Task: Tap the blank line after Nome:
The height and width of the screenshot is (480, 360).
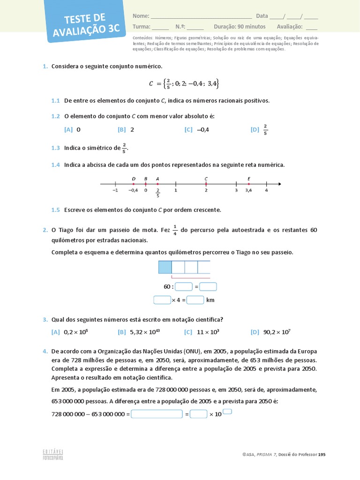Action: coord(201,16)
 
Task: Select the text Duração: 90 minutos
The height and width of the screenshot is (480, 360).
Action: coord(240,27)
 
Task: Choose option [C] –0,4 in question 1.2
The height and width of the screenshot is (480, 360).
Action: coord(196,130)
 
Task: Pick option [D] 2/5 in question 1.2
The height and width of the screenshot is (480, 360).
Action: coord(259,130)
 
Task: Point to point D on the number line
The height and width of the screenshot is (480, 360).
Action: coord(134,184)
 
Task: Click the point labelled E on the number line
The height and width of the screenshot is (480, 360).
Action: coord(248,184)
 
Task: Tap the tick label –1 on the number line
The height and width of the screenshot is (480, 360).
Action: coord(115,190)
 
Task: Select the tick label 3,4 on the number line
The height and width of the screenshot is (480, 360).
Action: coord(248,190)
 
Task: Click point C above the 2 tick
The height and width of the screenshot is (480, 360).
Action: coord(206,184)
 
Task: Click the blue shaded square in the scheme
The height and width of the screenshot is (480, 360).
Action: coord(165,267)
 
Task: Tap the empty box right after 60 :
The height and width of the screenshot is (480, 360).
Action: coord(184,287)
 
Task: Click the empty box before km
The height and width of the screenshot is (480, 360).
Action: coord(195,300)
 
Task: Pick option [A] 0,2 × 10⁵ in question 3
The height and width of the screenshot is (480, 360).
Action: coord(70,332)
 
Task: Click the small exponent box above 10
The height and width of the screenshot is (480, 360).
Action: coord(227,412)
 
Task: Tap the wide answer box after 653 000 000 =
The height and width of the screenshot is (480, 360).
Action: coord(157,414)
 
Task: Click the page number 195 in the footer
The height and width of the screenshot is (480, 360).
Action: coord(322,455)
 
